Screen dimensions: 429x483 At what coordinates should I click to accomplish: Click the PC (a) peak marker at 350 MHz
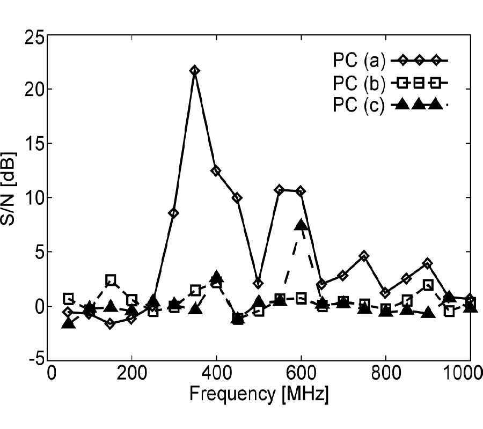[194, 70]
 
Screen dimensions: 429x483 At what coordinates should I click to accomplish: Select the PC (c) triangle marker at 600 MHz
[301, 225]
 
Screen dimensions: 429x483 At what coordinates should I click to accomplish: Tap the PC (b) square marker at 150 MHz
[111, 279]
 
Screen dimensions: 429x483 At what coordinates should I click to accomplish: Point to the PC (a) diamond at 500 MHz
[258, 283]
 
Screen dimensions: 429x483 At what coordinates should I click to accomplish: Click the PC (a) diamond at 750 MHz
[364, 256]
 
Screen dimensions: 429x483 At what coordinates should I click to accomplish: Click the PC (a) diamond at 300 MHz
[173, 213]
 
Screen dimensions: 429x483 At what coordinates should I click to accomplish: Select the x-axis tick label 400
[216, 374]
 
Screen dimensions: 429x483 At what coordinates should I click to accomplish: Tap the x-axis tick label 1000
[465, 374]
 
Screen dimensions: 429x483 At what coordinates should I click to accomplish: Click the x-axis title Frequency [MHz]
[259, 395]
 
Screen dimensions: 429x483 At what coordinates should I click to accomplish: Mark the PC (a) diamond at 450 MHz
[237, 198]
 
